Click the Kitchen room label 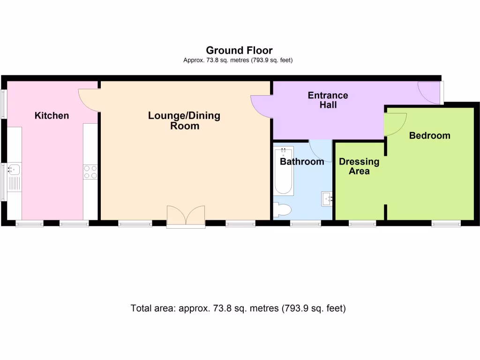tap(52, 115)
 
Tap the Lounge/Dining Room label tap(184, 120)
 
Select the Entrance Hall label tap(328, 100)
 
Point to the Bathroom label tap(302, 162)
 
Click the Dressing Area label tap(359, 166)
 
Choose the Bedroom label tap(429, 135)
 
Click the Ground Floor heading tap(239, 50)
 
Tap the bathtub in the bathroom tap(284, 171)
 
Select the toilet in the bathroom tap(282, 210)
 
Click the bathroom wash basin tap(327, 199)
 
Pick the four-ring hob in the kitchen tap(90, 172)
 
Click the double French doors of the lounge tap(186, 216)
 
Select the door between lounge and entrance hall tap(262, 105)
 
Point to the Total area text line tap(238, 308)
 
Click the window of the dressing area tap(362, 224)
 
